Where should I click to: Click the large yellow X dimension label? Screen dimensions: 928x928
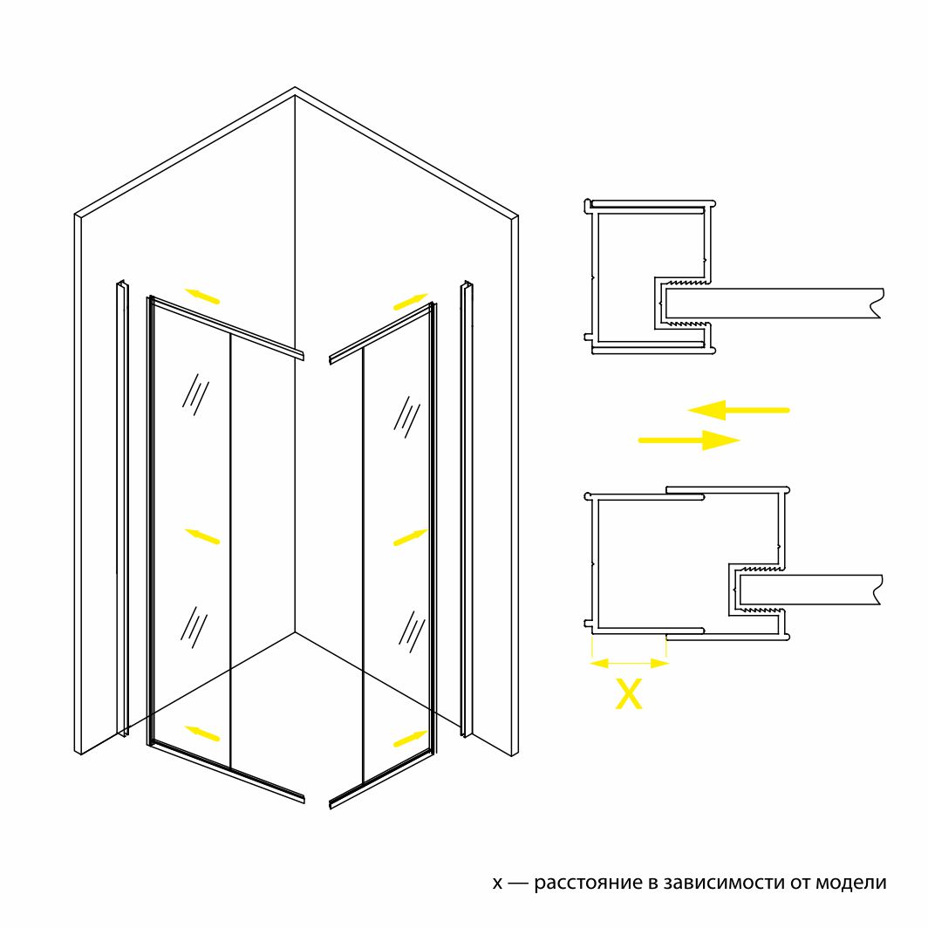pyautogui.click(x=629, y=693)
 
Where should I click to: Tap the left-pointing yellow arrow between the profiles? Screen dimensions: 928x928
pyautogui.click(x=738, y=410)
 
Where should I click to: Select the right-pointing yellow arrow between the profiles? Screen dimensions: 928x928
pyautogui.click(x=689, y=440)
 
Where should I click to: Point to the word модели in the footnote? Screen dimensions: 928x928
pyautogui.click(x=851, y=883)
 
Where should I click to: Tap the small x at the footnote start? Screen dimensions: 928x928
pyautogui.click(x=497, y=884)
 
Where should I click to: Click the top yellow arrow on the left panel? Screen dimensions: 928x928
pyautogui.click(x=201, y=296)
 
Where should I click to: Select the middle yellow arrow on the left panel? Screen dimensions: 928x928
pyautogui.click(x=201, y=536)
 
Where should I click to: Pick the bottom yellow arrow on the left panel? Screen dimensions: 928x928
pyautogui.click(x=201, y=733)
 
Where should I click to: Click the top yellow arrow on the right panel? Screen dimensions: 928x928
pyautogui.click(x=411, y=301)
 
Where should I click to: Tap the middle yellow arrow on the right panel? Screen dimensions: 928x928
pyautogui.click(x=411, y=536)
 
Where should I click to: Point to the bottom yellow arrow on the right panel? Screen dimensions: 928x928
pyautogui.click(x=411, y=738)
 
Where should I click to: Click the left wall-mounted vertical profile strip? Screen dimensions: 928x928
pyautogui.click(x=123, y=509)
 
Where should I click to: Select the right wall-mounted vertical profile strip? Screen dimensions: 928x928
pyautogui.click(x=467, y=509)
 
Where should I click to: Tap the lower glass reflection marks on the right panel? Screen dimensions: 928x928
pyautogui.click(x=412, y=631)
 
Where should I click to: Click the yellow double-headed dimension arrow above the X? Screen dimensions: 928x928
pyautogui.click(x=629, y=664)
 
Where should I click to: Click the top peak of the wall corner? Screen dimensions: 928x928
pyautogui.click(x=295, y=87)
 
